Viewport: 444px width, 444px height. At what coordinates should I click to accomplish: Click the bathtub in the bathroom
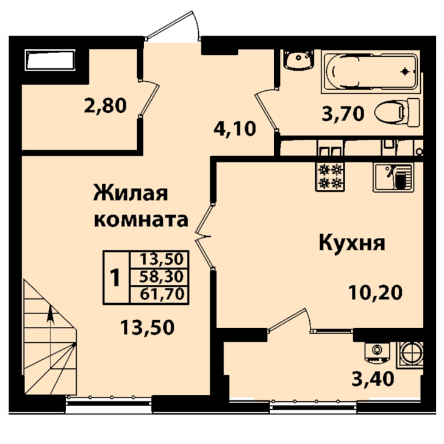click(x=371, y=72)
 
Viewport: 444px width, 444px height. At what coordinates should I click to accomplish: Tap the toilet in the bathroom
click(x=396, y=113)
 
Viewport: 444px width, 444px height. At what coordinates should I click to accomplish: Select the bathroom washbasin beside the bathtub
click(x=299, y=60)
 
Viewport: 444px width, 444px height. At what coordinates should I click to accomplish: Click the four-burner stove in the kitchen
click(x=330, y=176)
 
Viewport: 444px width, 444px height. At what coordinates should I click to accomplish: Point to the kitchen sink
click(x=393, y=177)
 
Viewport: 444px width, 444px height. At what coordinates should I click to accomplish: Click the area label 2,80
click(x=105, y=106)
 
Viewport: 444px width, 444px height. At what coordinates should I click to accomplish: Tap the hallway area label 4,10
click(x=235, y=129)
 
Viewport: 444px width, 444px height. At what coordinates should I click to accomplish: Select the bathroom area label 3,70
click(x=343, y=115)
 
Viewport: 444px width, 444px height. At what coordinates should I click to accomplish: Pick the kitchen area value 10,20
click(x=375, y=292)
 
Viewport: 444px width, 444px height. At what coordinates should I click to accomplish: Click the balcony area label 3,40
click(x=373, y=379)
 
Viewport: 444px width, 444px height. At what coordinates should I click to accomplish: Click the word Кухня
click(x=352, y=243)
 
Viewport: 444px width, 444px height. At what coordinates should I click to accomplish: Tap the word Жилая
click(x=131, y=193)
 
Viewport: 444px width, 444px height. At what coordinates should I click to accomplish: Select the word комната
click(x=141, y=220)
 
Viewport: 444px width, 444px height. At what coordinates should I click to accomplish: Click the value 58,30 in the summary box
click(x=162, y=277)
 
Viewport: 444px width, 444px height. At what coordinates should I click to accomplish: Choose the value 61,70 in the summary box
click(x=162, y=294)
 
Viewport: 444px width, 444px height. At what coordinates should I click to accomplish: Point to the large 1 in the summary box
click(x=115, y=277)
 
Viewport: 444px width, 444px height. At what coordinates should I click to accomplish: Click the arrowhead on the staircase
click(x=51, y=313)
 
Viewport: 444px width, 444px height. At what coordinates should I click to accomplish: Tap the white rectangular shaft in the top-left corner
click(x=50, y=60)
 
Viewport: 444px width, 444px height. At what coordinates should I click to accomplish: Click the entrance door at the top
click(x=173, y=26)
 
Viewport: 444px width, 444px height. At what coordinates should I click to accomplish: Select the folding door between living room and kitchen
click(x=204, y=236)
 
